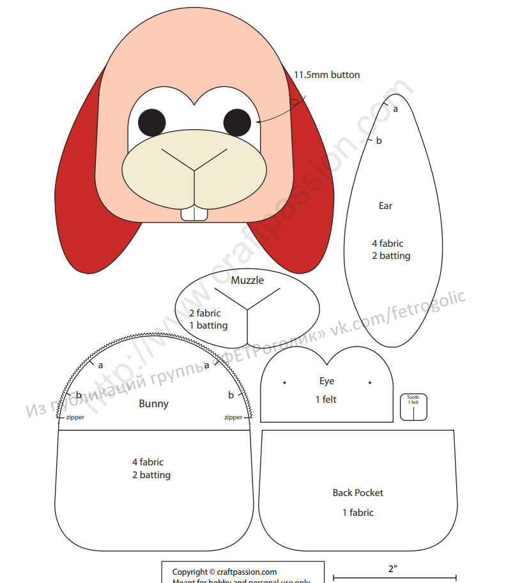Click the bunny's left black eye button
click(x=152, y=122)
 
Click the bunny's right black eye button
click(x=236, y=122)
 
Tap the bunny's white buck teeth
click(x=194, y=214)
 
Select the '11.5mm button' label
click(x=326, y=75)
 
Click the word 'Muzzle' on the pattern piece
click(x=247, y=280)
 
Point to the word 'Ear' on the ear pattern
click(x=385, y=206)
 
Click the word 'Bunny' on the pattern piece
click(x=153, y=403)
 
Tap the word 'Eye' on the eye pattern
click(x=326, y=381)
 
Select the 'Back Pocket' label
click(x=358, y=493)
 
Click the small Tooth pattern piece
click(x=413, y=407)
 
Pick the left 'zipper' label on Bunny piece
click(x=75, y=417)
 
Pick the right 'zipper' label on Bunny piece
click(x=233, y=417)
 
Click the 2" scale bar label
click(x=394, y=568)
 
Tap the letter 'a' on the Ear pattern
click(x=395, y=109)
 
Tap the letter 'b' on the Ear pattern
click(x=379, y=141)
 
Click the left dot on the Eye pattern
click(x=284, y=383)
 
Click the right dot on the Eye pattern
click(x=370, y=383)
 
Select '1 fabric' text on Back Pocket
click(x=358, y=512)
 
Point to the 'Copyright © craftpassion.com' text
click(x=224, y=571)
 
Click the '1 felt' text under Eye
click(x=326, y=400)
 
